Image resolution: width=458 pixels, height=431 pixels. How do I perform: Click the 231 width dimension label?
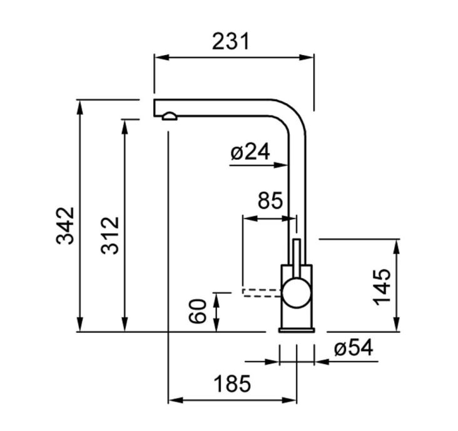tap(231, 41)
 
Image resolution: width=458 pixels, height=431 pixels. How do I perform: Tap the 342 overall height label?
tap(66, 226)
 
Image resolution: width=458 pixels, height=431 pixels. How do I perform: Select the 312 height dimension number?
tap(110, 236)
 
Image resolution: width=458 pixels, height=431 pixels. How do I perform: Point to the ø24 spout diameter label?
tap(250, 152)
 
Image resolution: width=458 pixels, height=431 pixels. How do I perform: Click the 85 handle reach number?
tap(270, 201)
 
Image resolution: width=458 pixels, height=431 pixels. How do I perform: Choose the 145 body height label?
tap(383, 287)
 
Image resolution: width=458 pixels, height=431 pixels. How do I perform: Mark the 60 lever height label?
tap(198, 311)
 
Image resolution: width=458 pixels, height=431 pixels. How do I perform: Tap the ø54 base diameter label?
tap(354, 347)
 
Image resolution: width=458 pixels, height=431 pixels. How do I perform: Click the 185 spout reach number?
tap(232, 384)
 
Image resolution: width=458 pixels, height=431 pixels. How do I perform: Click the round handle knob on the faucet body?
tap(297, 294)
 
